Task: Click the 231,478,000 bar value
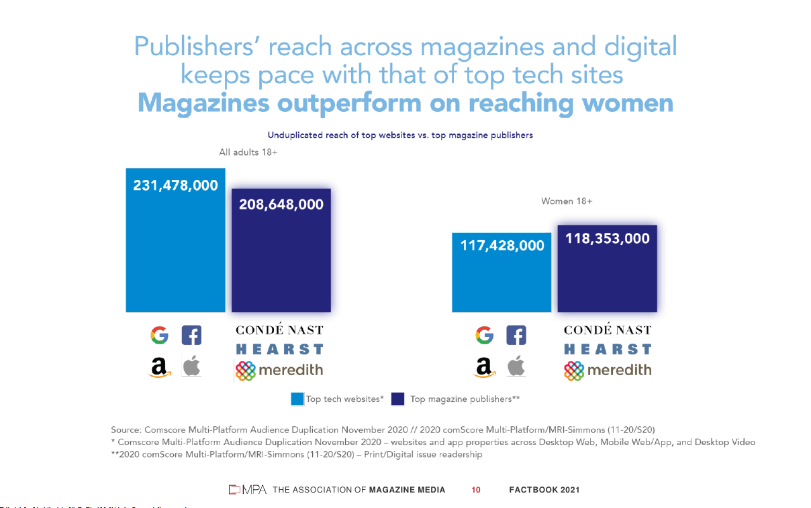tap(175, 185)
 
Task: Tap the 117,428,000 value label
tap(502, 246)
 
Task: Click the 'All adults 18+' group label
tap(248, 152)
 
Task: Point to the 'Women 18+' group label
tap(567, 201)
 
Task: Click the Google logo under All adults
tap(159, 335)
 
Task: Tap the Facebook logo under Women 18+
tap(516, 335)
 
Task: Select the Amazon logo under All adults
tap(159, 367)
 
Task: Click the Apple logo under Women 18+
tap(516, 366)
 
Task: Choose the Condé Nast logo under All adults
tap(279, 330)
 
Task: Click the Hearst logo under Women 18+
tap(608, 349)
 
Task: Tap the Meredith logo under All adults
tap(279, 370)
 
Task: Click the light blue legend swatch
tap(297, 399)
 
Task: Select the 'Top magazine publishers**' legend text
tap(465, 399)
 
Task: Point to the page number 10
tap(476, 490)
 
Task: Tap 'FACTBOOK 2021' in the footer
tap(544, 490)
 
